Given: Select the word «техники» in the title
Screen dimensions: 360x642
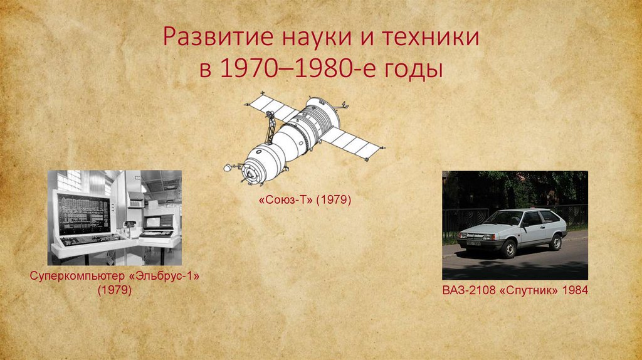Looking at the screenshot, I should pyautogui.click(x=428, y=39).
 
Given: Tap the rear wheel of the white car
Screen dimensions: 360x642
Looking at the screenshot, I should pyautogui.click(x=555, y=241).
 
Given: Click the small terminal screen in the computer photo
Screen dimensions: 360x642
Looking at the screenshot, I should pyautogui.click(x=152, y=221).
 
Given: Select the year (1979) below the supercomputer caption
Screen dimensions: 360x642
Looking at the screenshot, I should pyautogui.click(x=114, y=290).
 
